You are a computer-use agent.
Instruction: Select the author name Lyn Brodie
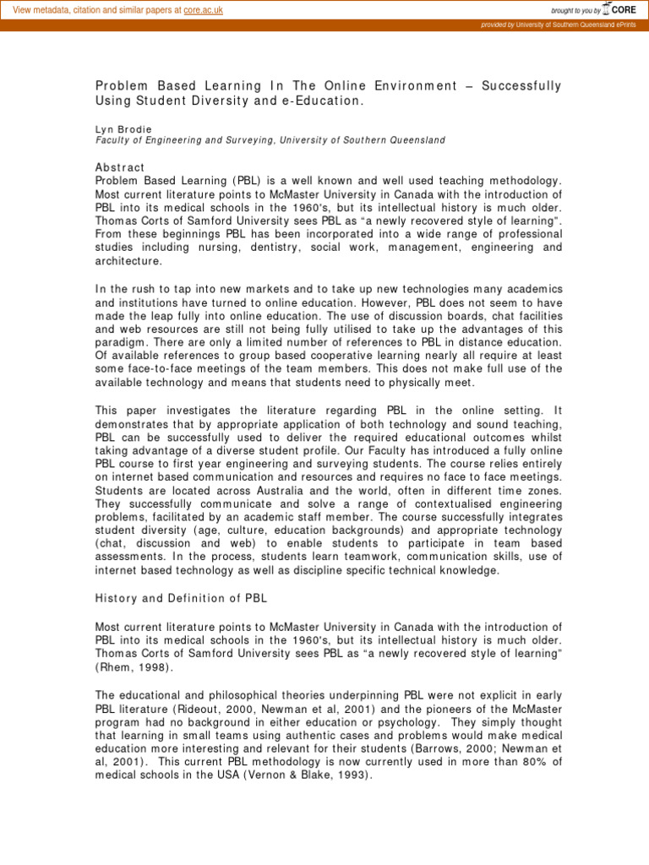coord(123,129)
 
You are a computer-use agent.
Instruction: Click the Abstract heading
coord(119,167)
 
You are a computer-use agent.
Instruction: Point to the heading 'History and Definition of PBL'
coord(181,599)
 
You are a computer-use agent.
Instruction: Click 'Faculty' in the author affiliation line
coord(115,140)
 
